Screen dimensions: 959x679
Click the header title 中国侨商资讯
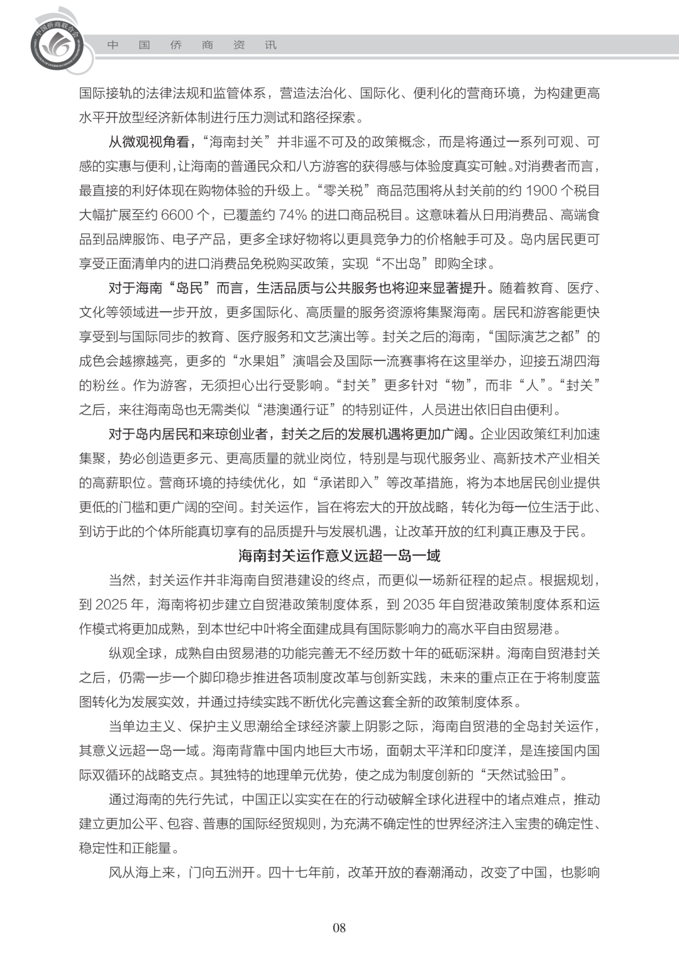192,45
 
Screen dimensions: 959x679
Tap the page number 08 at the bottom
339,928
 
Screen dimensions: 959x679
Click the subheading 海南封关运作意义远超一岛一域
339,556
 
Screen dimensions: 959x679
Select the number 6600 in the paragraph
177,215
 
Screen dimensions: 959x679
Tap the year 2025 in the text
112,605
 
